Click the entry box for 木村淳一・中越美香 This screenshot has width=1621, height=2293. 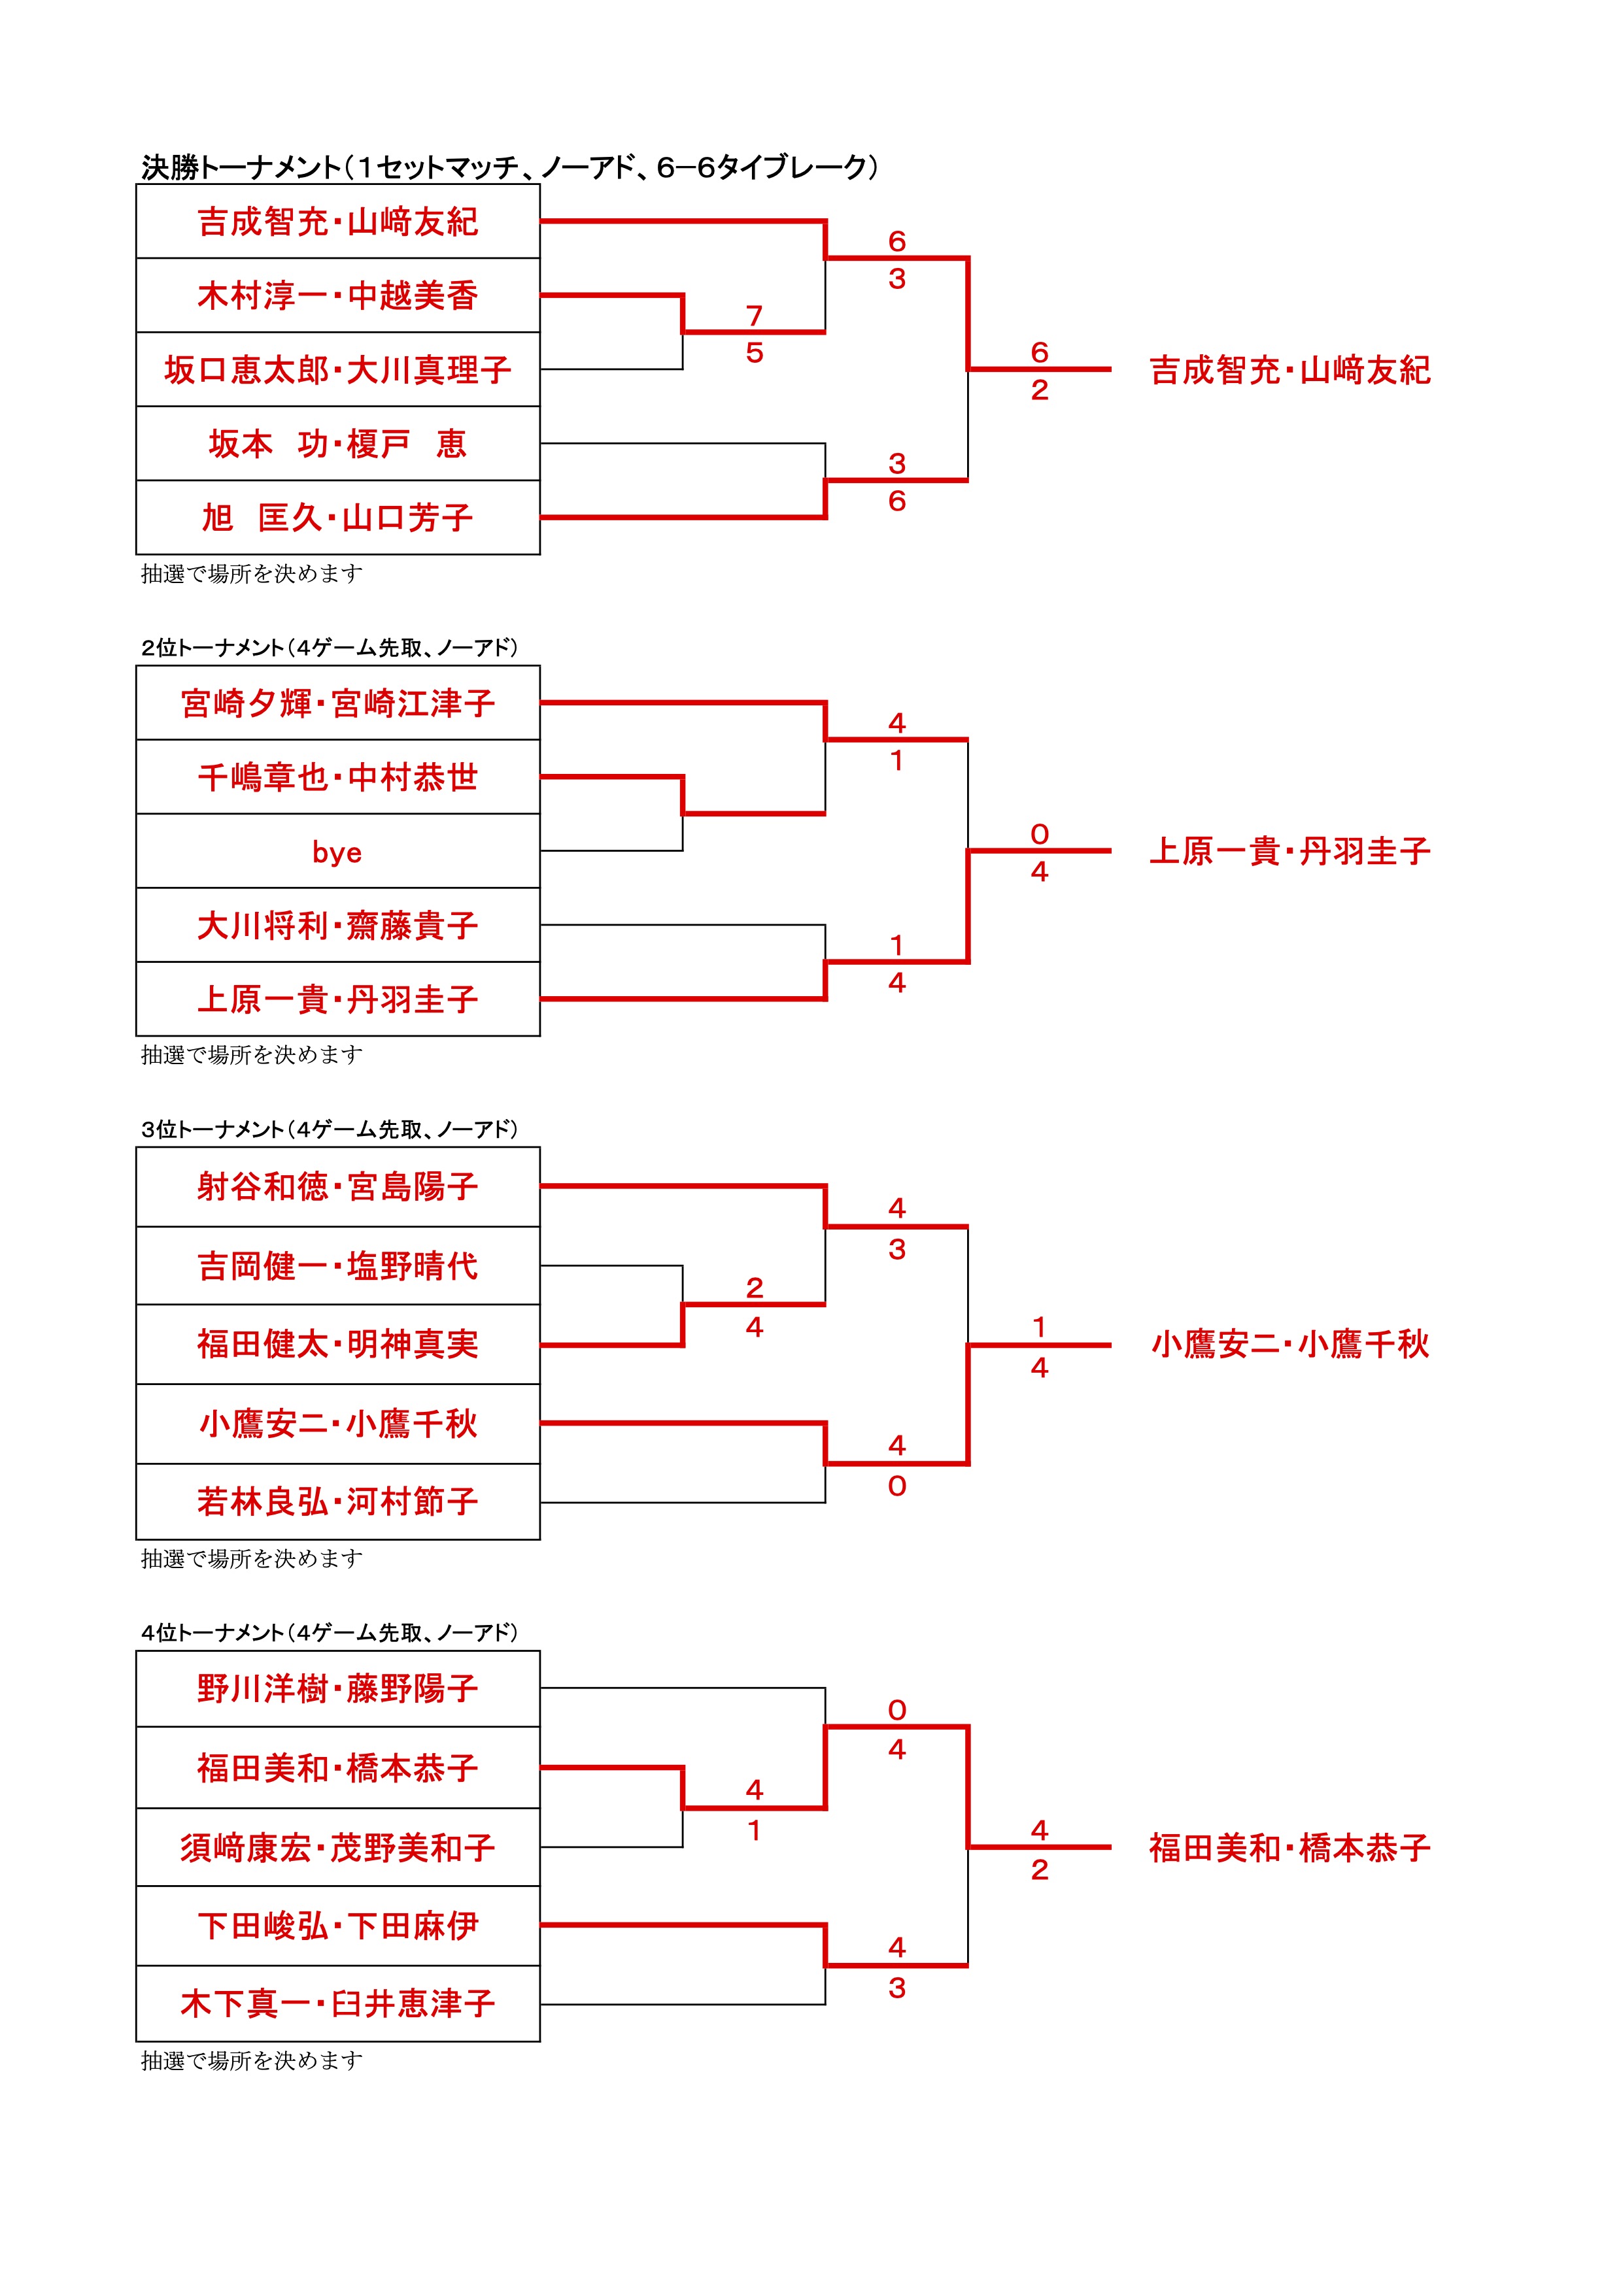click(x=337, y=295)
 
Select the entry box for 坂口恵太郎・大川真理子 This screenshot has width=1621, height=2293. click(x=337, y=369)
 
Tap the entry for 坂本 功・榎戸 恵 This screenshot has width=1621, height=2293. click(x=337, y=443)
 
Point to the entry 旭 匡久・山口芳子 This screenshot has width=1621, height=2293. click(x=337, y=517)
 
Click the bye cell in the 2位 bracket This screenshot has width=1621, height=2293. click(x=337, y=852)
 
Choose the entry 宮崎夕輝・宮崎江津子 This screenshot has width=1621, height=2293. click(x=337, y=703)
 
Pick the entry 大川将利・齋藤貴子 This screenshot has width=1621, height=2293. click(x=337, y=926)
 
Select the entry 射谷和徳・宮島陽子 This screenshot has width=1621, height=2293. click(x=337, y=1186)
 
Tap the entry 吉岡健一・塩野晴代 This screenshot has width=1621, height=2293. click(x=337, y=1266)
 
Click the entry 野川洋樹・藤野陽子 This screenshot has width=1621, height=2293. click(x=337, y=1689)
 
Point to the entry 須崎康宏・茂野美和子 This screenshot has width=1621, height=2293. click(x=337, y=1848)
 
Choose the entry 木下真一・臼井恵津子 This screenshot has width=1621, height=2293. click(x=337, y=2003)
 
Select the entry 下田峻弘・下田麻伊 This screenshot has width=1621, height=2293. click(x=337, y=1926)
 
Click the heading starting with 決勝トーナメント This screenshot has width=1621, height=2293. click(x=509, y=167)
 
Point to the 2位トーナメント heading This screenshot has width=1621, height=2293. click(x=330, y=648)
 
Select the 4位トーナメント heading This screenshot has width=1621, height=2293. click(x=330, y=1633)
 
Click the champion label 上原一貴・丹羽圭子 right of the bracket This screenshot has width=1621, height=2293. click(x=1289, y=852)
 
